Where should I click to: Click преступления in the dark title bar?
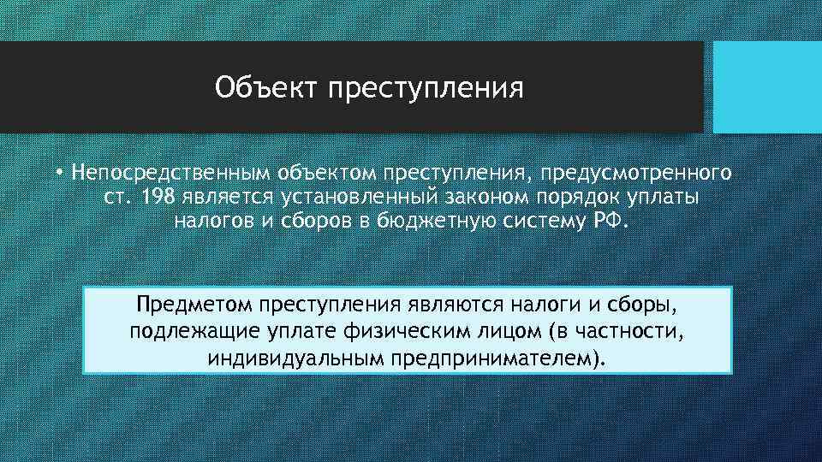click(x=425, y=88)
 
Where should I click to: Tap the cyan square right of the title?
click(x=767, y=87)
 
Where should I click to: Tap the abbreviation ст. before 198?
click(x=133, y=198)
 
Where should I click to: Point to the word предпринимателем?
click(x=492, y=355)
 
